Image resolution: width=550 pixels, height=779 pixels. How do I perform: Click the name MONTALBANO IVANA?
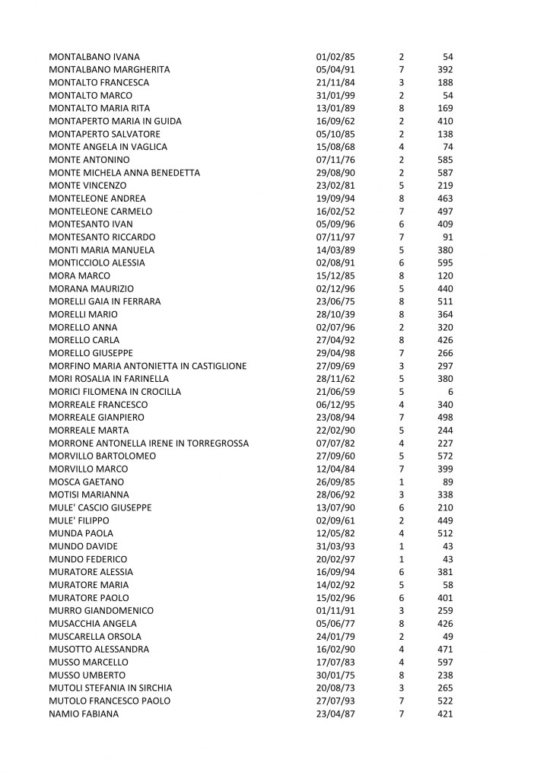pos(94,57)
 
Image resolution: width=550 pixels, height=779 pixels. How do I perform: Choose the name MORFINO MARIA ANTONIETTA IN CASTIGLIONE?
pos(147,366)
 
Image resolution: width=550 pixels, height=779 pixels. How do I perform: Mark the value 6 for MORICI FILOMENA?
pos(450,392)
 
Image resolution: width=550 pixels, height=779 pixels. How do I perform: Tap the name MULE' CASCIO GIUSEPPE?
pos(100,507)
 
